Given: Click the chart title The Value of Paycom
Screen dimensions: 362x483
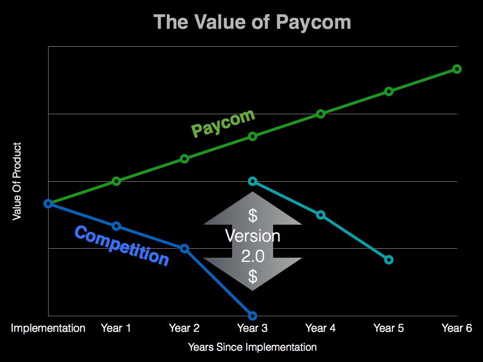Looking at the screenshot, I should pos(252,22).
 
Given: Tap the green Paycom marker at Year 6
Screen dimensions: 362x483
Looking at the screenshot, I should pos(457,69).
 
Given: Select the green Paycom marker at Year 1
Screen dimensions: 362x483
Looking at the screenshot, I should pos(117,181).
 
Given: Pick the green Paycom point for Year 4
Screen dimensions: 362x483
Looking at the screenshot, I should pos(321,114).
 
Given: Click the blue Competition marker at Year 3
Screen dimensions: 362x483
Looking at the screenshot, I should pos(252,315).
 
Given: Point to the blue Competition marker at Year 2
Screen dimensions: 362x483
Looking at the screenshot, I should pos(184,248).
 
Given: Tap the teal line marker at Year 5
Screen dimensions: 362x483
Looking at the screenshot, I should pos(389,260).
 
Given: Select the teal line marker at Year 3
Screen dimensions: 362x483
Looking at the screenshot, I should pos(252,181).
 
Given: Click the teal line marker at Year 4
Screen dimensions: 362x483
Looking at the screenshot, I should pos(321,215).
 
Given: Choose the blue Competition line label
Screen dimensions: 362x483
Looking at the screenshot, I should pos(122,246).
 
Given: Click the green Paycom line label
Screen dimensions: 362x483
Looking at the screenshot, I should pos(223,123).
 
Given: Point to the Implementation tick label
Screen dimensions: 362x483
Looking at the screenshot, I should pos(48,328).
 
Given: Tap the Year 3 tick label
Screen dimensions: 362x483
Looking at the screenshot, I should pos(252,328).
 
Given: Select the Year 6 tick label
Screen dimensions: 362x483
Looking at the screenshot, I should pos(457,328).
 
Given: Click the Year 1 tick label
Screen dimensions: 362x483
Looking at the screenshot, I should pos(116,328).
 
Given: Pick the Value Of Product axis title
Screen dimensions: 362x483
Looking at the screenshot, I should pos(17,181).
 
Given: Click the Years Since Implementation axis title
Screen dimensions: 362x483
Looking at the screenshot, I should pos(252,347).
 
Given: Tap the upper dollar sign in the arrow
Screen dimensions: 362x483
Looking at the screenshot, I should pos(253,216).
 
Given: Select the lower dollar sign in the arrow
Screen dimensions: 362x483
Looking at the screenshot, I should pos(253,276).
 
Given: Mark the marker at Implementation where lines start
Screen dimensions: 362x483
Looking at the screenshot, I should pos(48,203).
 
